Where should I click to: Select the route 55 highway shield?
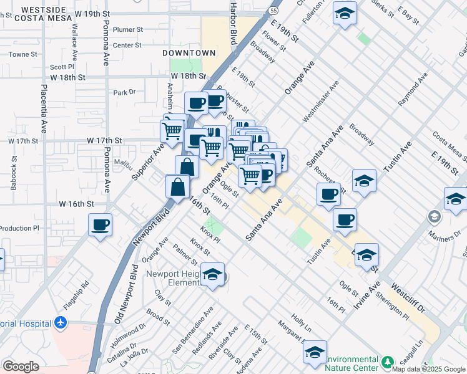[273, 11]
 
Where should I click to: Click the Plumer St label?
[128, 29]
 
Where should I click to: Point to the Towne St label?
[23, 54]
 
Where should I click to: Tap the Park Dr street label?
[124, 92]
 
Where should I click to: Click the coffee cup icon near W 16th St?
[99, 224]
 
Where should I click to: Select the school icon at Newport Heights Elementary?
[213, 275]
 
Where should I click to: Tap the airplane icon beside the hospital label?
[60, 323]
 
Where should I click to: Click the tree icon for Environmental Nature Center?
[388, 362]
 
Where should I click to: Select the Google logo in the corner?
[21, 367]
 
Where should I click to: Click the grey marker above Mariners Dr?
[433, 217]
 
